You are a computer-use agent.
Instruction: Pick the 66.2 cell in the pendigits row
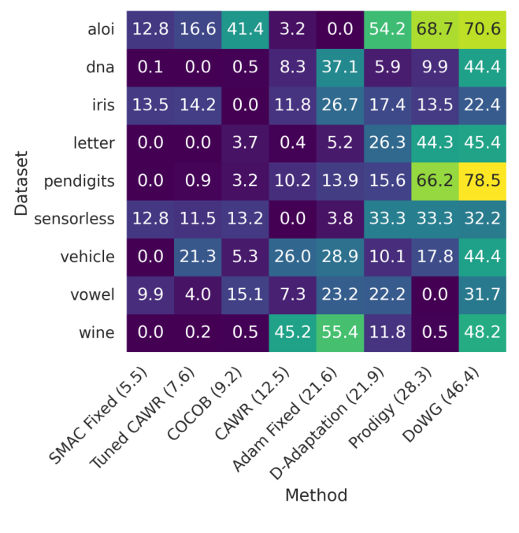[435, 181]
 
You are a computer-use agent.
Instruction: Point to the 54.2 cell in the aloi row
[387, 30]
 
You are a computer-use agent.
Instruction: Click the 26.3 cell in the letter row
[387, 143]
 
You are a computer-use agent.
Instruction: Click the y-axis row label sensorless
[74, 219]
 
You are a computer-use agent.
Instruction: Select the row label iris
[98, 105]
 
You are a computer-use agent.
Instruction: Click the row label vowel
[93, 294]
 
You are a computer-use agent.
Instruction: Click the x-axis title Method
[316, 495]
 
